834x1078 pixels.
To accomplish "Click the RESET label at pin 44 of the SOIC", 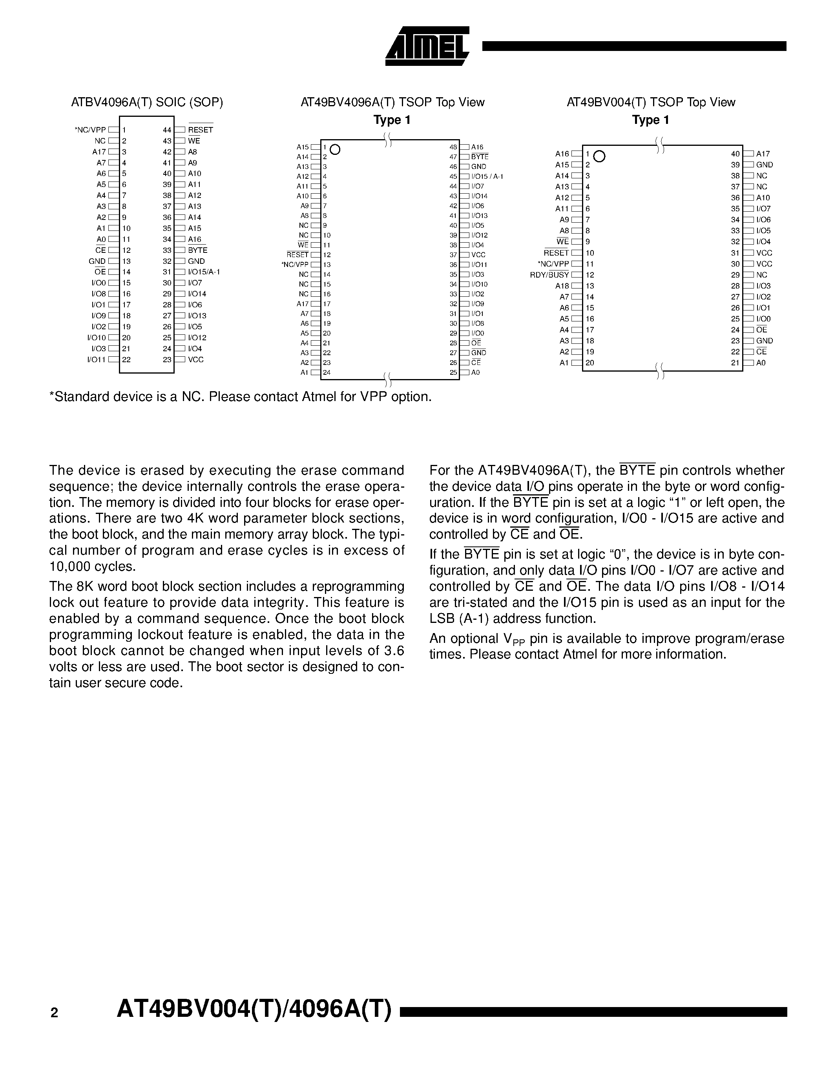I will tap(200, 130).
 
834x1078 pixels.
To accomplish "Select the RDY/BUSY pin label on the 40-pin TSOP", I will tap(549, 275).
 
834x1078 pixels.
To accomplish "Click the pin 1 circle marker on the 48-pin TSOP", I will tap(336, 149).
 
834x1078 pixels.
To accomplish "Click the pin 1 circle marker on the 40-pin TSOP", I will tap(599, 156).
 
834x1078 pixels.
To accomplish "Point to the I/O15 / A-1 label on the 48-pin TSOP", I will tap(487, 176).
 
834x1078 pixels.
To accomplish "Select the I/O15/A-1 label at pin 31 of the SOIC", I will tap(204, 272).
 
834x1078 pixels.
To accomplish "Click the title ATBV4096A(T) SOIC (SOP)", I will tap(147, 102).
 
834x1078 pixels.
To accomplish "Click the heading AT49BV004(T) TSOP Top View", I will tap(651, 102).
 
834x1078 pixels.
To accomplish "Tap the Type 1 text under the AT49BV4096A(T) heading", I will tap(392, 120).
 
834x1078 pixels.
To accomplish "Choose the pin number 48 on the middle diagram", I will tap(453, 147).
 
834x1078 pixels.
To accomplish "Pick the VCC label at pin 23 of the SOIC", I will tap(196, 359).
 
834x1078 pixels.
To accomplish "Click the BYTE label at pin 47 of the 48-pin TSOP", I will tap(479, 157).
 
